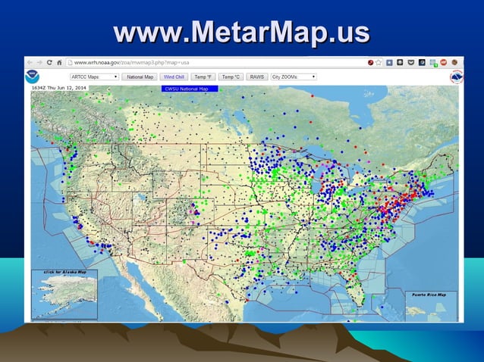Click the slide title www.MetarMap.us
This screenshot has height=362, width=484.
(241, 33)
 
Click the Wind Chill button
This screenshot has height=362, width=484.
(174, 76)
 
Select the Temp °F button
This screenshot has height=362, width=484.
(203, 76)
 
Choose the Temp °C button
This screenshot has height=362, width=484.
(231, 76)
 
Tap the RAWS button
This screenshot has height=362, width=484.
(257, 76)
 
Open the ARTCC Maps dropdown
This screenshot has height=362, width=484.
(94, 76)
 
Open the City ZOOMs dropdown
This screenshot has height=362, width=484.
(294, 76)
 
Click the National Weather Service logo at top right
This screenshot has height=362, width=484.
(456, 77)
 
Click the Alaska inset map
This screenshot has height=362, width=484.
(64, 295)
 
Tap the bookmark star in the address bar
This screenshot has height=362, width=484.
(378, 62)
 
